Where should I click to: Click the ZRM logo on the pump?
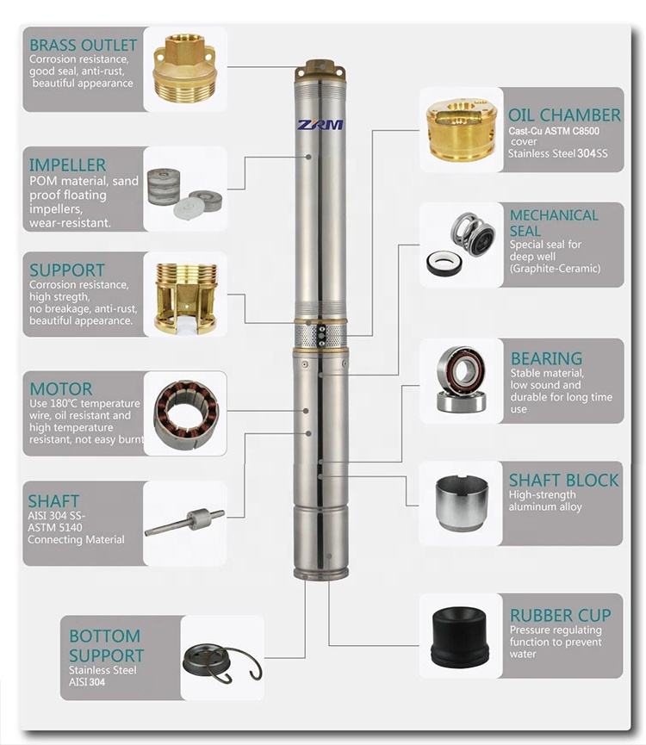(320, 125)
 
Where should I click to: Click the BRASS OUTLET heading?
(84, 45)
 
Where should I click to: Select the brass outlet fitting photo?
(185, 69)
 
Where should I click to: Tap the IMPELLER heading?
(67, 165)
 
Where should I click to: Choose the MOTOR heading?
(61, 389)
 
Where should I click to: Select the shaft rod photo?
(185, 522)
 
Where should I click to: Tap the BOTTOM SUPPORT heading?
(106, 646)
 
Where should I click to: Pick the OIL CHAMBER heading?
(564, 115)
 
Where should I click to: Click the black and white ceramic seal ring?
(444, 264)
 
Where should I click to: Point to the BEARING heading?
(546, 358)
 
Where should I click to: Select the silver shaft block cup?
(461, 503)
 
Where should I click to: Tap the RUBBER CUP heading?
(561, 615)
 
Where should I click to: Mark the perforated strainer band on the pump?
(320, 335)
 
